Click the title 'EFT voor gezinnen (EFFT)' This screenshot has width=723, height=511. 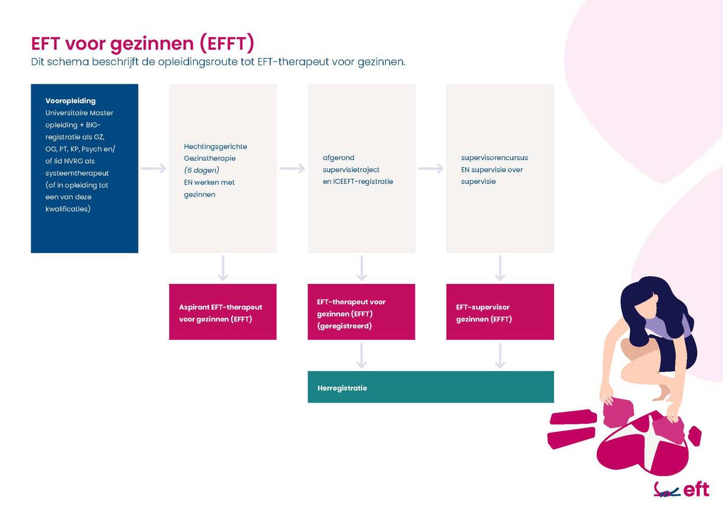click(x=143, y=43)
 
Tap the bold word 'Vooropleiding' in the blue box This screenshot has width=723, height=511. click(x=71, y=101)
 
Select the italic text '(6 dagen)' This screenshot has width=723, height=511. click(x=202, y=170)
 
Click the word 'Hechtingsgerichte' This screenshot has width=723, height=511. click(x=216, y=146)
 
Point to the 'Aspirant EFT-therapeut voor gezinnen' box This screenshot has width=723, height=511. click(x=223, y=312)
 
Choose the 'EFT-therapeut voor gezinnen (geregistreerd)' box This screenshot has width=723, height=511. click(x=361, y=312)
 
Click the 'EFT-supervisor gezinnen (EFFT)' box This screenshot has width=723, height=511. click(x=500, y=312)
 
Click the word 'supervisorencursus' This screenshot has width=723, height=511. click(x=495, y=157)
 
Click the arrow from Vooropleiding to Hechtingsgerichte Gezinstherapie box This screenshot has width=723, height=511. click(x=153, y=168)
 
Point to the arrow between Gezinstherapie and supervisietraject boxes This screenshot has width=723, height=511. click(x=292, y=168)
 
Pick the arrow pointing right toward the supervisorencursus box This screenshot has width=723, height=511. click(x=430, y=168)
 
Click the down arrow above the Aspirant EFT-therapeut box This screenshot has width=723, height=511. click(x=223, y=268)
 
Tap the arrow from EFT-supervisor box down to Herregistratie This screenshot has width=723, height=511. click(x=500, y=356)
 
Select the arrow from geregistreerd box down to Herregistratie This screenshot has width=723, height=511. click(x=361, y=356)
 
